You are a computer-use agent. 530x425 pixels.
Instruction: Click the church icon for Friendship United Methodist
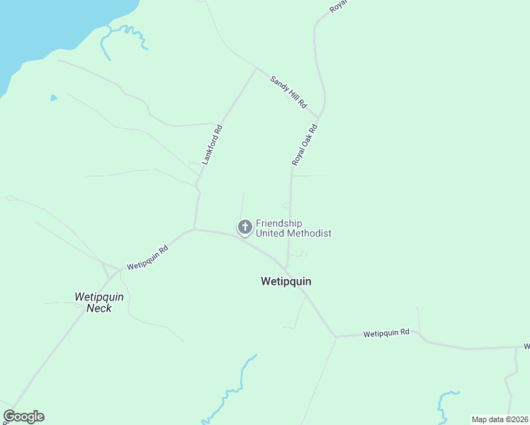tap(245, 227)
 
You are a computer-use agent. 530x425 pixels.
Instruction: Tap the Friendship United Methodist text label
tap(293, 228)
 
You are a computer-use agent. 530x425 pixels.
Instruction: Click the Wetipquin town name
tap(286, 281)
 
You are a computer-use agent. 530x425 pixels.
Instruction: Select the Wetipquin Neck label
tap(99, 302)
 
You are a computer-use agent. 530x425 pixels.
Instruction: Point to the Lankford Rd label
tap(213, 145)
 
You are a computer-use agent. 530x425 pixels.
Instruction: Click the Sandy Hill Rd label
tap(288, 91)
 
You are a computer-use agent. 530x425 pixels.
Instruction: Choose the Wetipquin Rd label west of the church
tap(147, 258)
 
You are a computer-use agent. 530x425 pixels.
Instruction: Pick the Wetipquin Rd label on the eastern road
tap(386, 332)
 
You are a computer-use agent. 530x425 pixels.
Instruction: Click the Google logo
tap(23, 416)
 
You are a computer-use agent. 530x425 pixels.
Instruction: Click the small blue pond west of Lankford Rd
tap(53, 98)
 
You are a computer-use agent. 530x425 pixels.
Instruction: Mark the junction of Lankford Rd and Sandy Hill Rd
tap(256, 69)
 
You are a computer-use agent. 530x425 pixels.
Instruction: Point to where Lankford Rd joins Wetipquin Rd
tap(194, 229)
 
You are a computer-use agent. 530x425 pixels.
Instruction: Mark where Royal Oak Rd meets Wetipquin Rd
tap(287, 268)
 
